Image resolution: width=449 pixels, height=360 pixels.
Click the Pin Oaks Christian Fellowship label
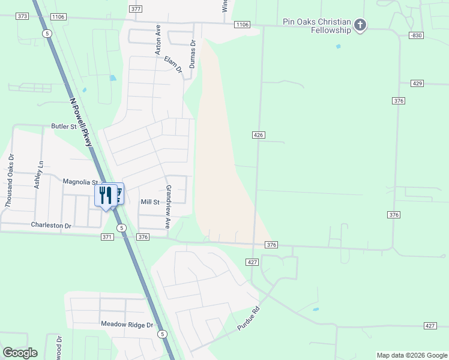pos(316,26)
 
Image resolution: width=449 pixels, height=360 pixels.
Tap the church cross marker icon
pos(360,25)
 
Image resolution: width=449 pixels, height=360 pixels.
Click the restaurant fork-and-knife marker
pos(105,195)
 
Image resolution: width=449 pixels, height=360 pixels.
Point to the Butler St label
pos(64,127)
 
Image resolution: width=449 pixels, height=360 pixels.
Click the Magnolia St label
pos(80,182)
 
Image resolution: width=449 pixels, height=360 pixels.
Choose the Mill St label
pos(149,202)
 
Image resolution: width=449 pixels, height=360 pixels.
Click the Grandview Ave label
pos(169,206)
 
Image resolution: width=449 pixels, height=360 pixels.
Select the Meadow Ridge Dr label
pos(127,325)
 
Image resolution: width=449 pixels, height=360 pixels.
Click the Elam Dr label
pos(173,65)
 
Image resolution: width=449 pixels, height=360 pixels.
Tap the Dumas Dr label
pos(193,54)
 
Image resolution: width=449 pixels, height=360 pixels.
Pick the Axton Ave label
pos(158,40)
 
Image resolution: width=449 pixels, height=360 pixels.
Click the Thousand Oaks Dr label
pos(8,181)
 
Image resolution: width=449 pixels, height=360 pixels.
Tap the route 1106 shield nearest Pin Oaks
pos(242,25)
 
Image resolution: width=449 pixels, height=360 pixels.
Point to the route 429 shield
pos(418,83)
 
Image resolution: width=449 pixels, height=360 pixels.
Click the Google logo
pos(20,352)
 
